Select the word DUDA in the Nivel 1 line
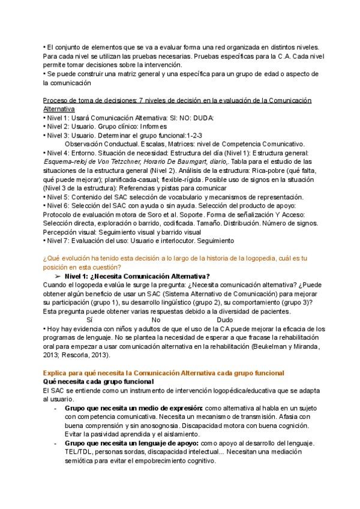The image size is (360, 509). click(x=203, y=119)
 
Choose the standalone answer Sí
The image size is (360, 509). click(x=90, y=321)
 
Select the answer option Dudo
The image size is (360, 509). click(x=224, y=321)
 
